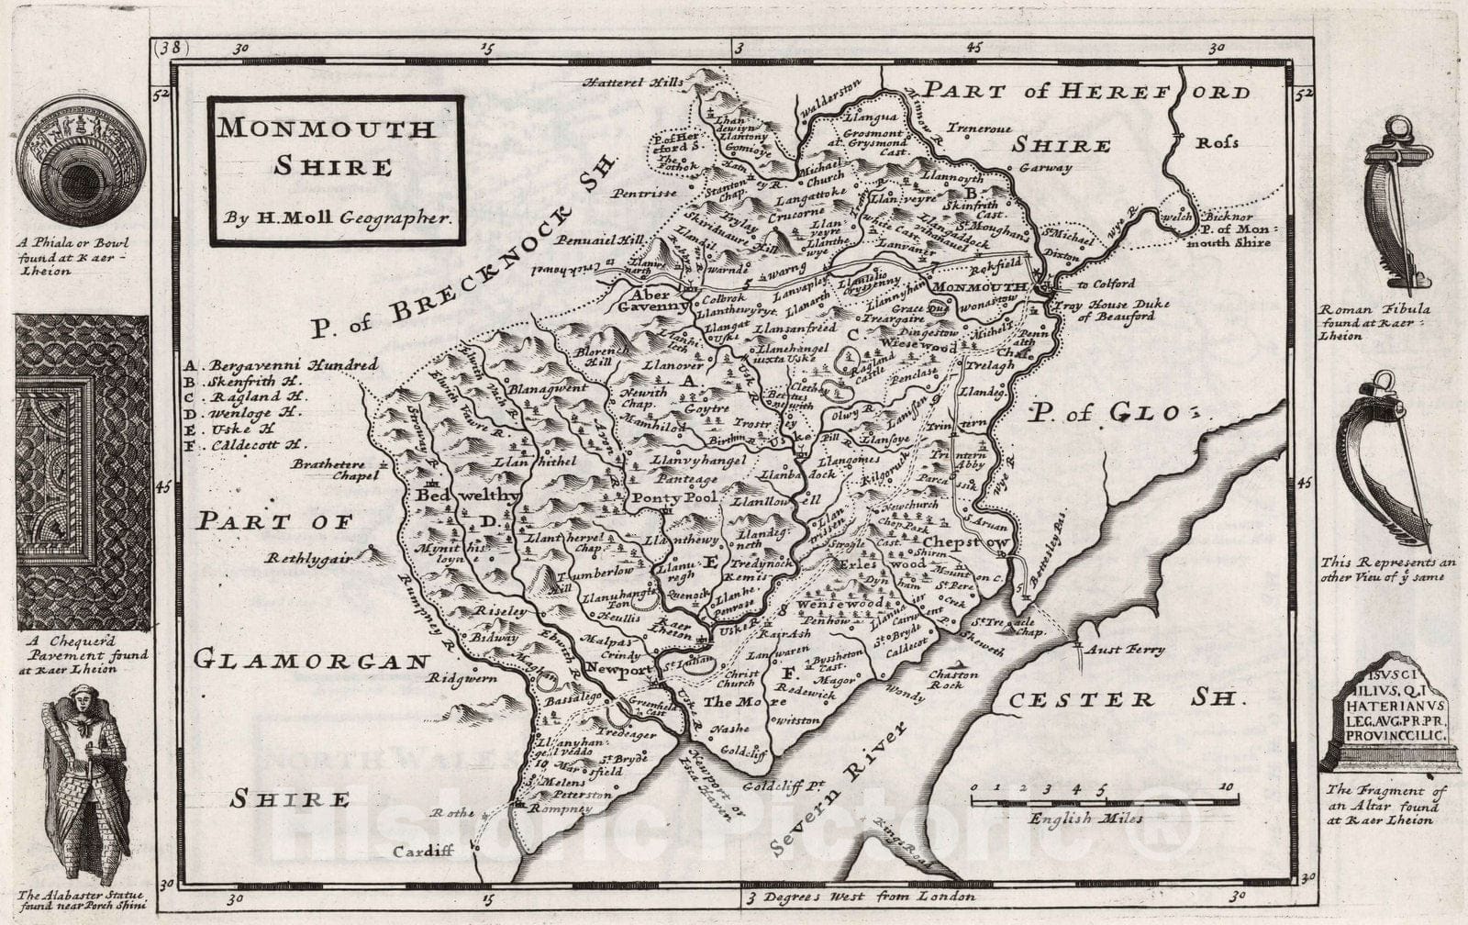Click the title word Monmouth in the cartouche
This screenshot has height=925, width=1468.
325,128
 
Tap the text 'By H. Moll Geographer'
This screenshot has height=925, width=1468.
337,217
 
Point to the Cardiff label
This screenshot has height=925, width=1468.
423,851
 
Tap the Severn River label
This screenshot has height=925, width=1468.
840,787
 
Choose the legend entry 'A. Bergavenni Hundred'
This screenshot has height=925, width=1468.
280,364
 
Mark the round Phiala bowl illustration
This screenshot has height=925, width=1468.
81,160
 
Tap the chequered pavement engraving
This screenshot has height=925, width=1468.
83,472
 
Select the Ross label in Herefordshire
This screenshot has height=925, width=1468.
1217,143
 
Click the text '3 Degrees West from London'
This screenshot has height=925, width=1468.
861,897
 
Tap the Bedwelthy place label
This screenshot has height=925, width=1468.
467,496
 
